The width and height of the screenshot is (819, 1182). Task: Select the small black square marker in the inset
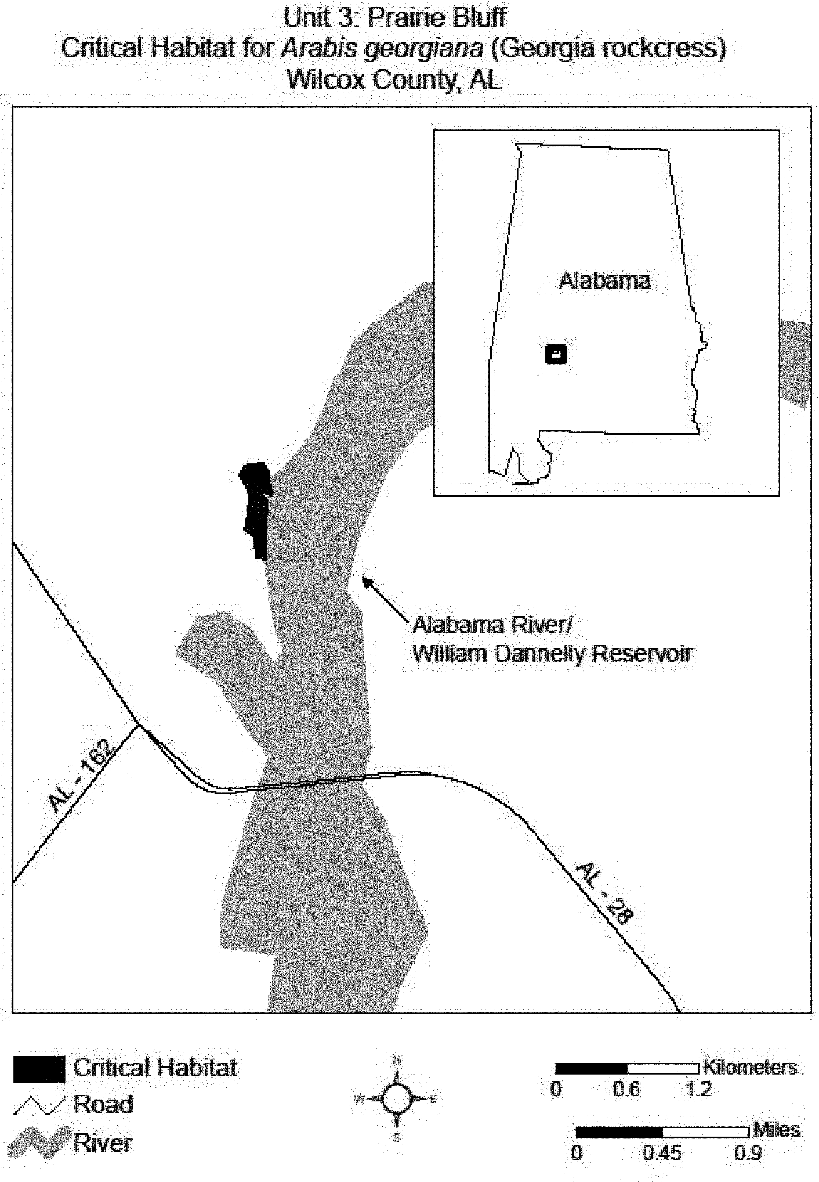pos(556,354)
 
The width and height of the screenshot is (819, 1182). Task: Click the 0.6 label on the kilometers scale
pos(626,1089)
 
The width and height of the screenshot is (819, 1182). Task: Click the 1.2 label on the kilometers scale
pos(698,1089)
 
